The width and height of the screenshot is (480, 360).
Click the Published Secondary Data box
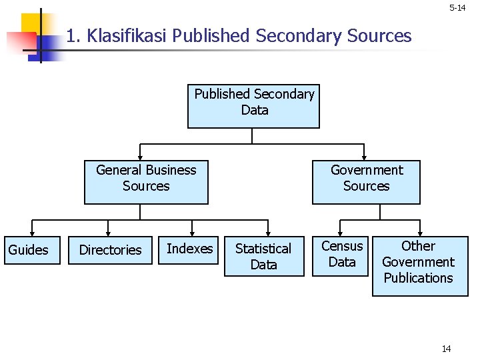(x=253, y=106)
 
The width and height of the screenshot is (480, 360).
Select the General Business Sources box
(x=146, y=182)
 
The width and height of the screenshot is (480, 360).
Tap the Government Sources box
(x=366, y=182)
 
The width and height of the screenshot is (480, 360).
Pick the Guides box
(x=28, y=250)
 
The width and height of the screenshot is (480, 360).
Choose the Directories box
(x=110, y=250)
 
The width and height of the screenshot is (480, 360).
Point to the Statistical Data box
(x=263, y=256)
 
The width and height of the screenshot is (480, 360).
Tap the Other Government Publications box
(x=419, y=265)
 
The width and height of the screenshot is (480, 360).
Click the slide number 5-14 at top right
(x=457, y=8)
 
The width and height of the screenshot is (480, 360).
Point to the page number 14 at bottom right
(x=447, y=349)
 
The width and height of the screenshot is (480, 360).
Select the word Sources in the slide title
(x=381, y=35)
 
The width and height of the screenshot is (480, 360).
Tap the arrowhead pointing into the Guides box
(x=32, y=233)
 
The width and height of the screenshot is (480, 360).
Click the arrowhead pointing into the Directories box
(x=108, y=233)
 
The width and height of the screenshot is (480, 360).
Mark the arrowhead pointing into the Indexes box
(x=192, y=233)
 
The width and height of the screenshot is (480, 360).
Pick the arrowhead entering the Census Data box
(x=339, y=233)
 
